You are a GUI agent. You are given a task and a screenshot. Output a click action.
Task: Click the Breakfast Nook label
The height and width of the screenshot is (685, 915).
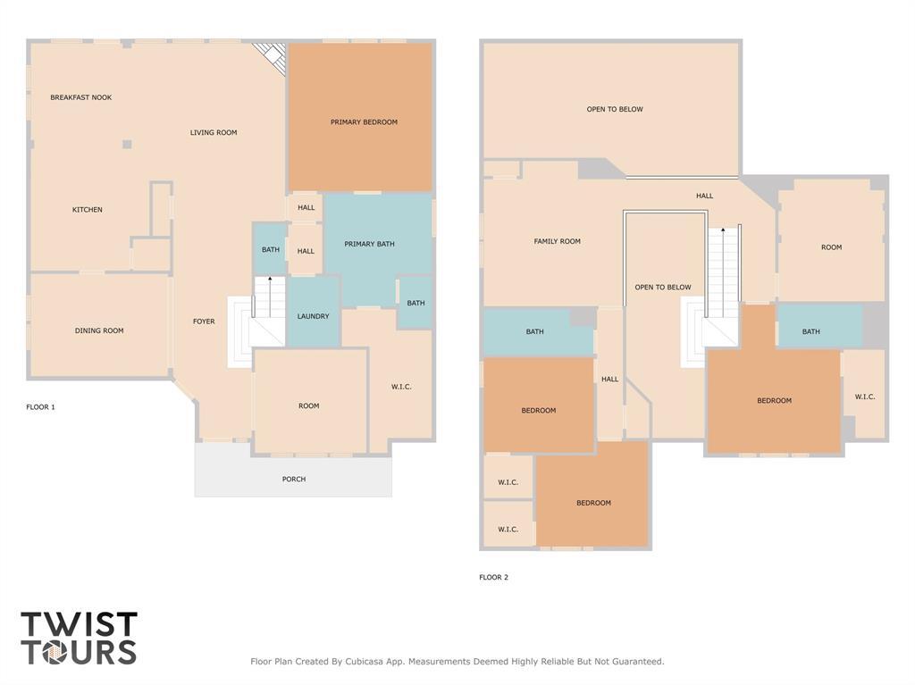80,97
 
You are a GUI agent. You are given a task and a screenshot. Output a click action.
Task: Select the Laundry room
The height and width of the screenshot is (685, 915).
313,316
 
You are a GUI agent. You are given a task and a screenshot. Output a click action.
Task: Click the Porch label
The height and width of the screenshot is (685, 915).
294,480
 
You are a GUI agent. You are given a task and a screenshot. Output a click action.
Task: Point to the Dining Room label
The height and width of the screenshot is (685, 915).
99,330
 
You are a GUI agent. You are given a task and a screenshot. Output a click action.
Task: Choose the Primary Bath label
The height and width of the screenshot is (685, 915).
369,244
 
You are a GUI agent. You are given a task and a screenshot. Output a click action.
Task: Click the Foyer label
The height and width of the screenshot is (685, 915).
204,322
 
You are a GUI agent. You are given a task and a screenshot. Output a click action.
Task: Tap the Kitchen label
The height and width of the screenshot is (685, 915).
88,210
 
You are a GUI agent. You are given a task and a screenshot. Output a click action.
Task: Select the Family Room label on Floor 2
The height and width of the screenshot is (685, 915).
558,241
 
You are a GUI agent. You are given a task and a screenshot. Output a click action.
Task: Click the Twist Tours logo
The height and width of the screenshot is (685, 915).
79,638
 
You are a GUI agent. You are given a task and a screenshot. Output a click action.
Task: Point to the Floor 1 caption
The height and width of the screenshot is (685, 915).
40,407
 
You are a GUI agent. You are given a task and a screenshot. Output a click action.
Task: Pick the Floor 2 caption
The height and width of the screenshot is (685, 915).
493,578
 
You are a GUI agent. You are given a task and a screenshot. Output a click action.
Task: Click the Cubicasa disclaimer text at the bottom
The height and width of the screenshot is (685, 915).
457,662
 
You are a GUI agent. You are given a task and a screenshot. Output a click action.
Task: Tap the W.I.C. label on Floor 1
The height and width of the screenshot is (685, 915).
401,387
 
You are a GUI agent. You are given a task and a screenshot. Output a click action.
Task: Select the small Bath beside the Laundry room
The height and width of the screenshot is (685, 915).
271,250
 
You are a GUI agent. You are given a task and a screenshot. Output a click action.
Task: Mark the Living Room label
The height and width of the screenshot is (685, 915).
214,133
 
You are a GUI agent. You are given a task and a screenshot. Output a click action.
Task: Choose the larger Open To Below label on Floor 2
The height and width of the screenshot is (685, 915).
615,110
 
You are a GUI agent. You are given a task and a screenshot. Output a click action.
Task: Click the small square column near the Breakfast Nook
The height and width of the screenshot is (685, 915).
127,144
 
